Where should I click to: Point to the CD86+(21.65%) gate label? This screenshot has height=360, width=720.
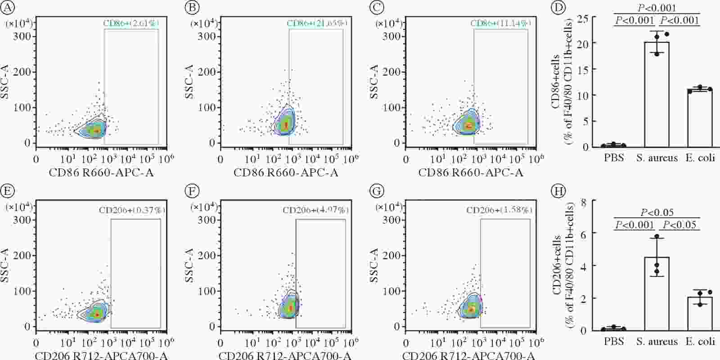(x=317, y=23)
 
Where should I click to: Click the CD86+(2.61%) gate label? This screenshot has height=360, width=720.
(x=131, y=23)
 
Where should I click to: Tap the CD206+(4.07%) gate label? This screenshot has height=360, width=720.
(x=315, y=210)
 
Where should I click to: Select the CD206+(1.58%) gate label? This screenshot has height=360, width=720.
(x=499, y=210)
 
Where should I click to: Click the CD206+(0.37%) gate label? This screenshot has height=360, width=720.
(x=132, y=210)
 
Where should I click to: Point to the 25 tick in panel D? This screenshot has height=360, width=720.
(x=584, y=18)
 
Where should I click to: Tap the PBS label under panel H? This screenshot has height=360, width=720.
(x=614, y=342)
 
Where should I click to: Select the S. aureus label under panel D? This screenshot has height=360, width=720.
(x=657, y=157)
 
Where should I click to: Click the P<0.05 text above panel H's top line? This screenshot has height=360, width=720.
(x=657, y=213)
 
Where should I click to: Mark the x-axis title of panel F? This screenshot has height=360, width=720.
(x=285, y=356)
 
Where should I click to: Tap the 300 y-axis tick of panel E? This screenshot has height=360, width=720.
(x=22, y=220)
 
